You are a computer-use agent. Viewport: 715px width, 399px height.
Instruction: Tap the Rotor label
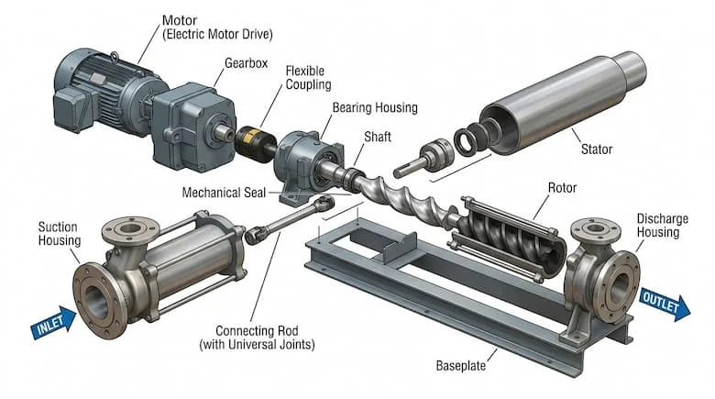coord(561,188)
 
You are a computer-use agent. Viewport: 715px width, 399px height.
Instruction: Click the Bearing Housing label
coord(374,108)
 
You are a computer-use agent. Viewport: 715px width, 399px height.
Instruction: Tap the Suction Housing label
coord(57,233)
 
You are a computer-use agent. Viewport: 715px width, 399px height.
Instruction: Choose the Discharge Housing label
coord(658,225)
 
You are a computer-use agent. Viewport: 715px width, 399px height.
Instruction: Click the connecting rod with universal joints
coord(289,220)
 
